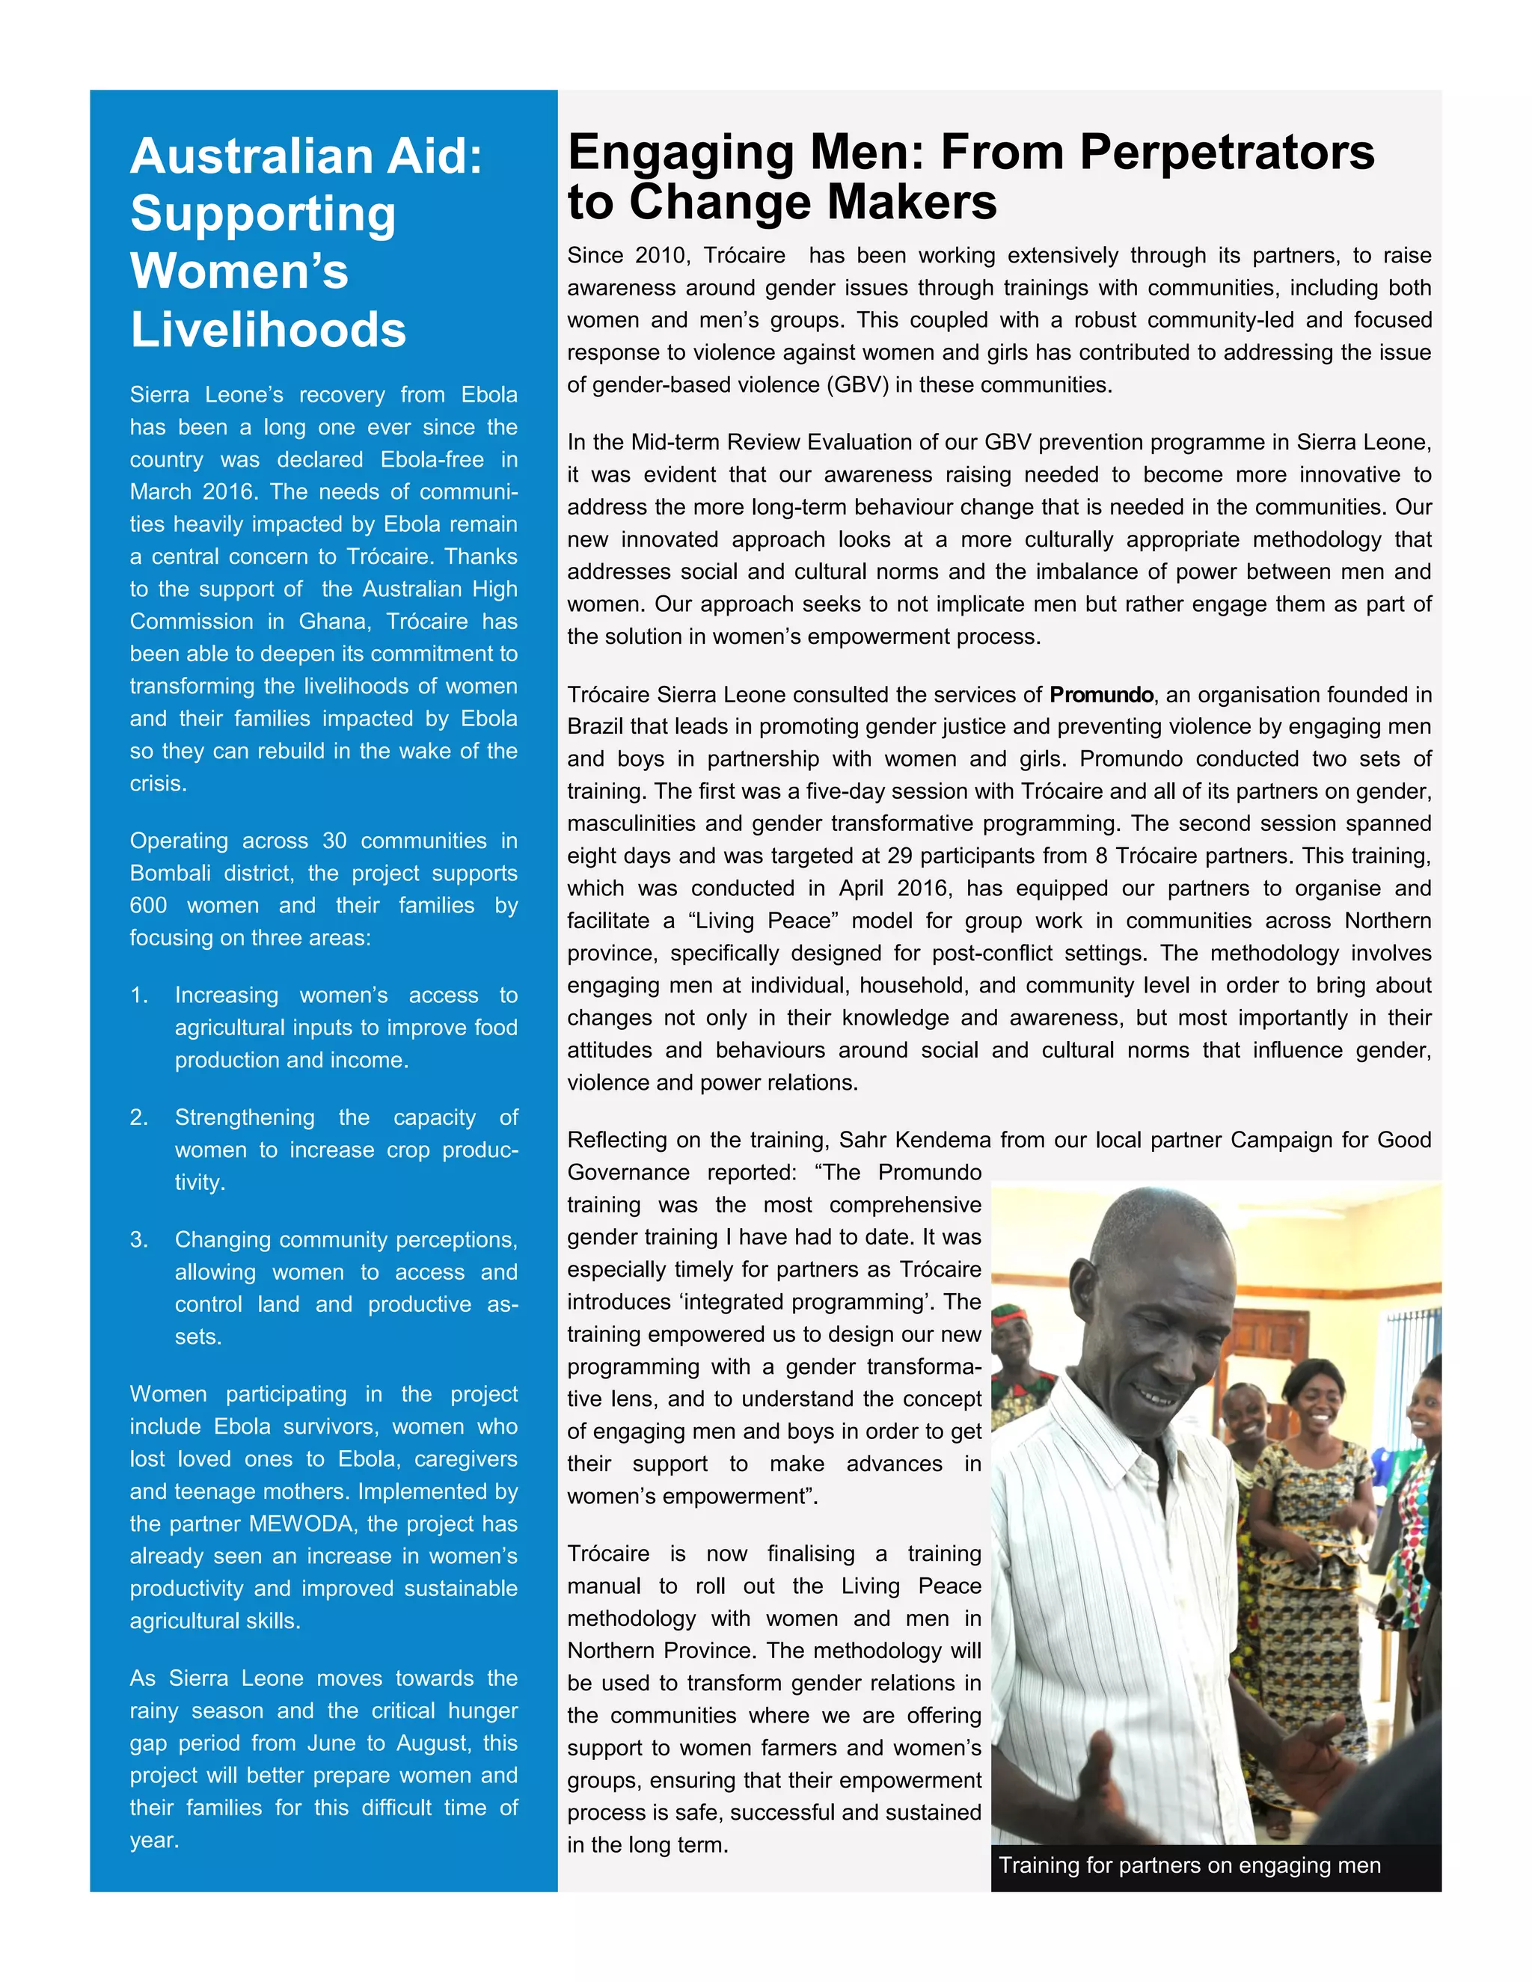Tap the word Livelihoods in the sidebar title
(x=268, y=329)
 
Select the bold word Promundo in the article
(x=1101, y=695)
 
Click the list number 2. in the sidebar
(x=139, y=1118)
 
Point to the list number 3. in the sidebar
(x=139, y=1239)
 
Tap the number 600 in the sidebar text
(x=148, y=906)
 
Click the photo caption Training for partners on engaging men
(x=1189, y=1866)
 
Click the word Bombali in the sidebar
(x=170, y=874)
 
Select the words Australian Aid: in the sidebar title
(x=306, y=156)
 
